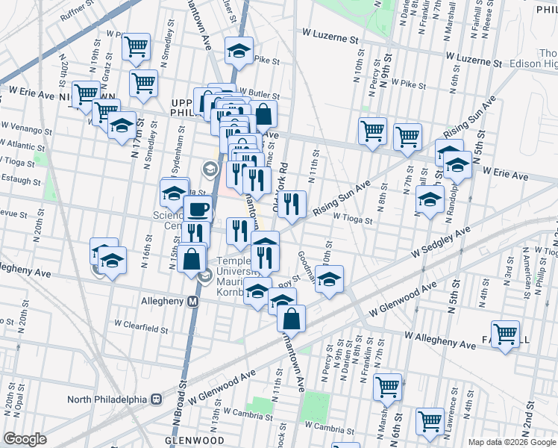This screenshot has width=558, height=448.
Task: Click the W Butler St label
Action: pos(255,96)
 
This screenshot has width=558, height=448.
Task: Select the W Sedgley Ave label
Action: pos(441,243)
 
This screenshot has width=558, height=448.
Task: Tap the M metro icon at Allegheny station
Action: pos(193,302)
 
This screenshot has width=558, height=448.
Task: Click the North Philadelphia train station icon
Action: pos(157,399)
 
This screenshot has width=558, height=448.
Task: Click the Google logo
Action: pos(25,439)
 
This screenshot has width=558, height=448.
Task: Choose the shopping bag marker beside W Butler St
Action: pos(263,113)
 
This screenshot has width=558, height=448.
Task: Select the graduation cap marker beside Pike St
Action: pos(238,50)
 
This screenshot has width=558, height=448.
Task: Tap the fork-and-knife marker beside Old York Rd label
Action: pos(293,203)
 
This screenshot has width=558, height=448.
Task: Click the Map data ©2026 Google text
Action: pos(512,442)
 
